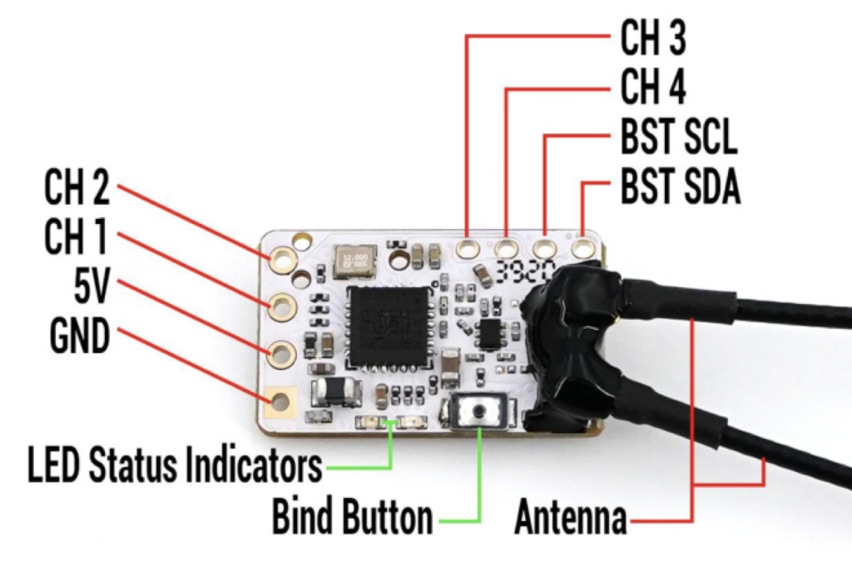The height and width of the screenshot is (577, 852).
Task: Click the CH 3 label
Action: [653, 40]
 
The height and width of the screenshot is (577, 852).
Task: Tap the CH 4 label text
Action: [653, 88]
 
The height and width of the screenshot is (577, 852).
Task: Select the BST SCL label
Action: [678, 138]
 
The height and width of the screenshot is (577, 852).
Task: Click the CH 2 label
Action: [77, 191]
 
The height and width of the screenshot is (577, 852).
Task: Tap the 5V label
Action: [90, 289]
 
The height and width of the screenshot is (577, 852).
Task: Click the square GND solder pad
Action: [280, 403]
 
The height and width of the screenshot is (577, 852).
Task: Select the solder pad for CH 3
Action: [468, 247]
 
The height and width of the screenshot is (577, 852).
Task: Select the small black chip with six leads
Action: [489, 331]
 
